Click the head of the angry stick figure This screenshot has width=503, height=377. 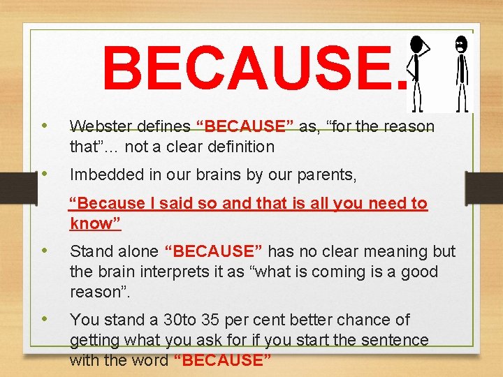pyautogui.click(x=460, y=44)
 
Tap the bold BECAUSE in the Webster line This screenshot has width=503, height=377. pyautogui.click(x=245, y=126)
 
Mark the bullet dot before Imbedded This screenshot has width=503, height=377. pyautogui.click(x=45, y=175)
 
